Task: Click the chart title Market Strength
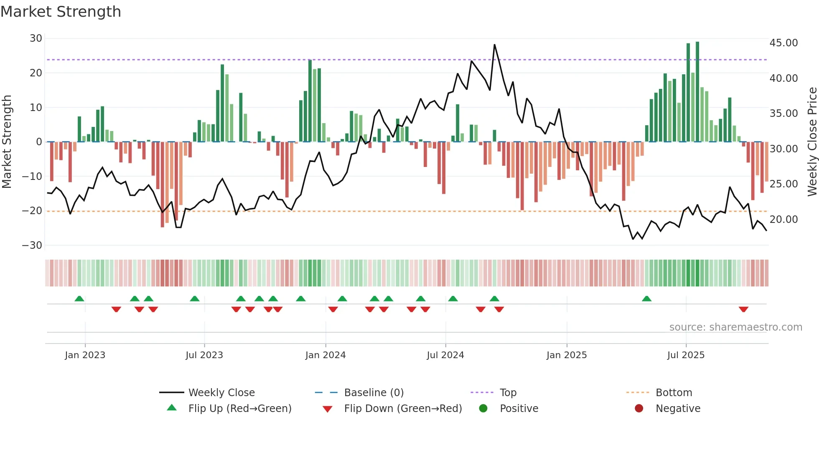click(61, 12)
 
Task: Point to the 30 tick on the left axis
click(36, 38)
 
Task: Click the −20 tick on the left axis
click(32, 211)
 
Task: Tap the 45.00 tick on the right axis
click(783, 43)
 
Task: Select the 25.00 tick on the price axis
click(783, 184)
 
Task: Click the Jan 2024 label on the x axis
click(325, 355)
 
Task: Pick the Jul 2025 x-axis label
click(686, 355)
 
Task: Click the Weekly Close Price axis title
click(812, 142)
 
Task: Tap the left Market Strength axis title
click(7, 142)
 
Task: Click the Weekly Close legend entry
click(221, 393)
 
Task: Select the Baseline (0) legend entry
click(374, 393)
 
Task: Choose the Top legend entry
click(508, 393)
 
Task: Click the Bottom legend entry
click(674, 393)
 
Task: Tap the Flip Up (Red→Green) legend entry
click(239, 409)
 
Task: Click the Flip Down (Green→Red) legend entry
click(403, 409)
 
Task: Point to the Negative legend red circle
click(639, 409)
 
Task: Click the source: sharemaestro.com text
click(735, 327)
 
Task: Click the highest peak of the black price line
click(494, 45)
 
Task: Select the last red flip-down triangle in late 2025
click(743, 309)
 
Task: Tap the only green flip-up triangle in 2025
click(646, 298)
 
